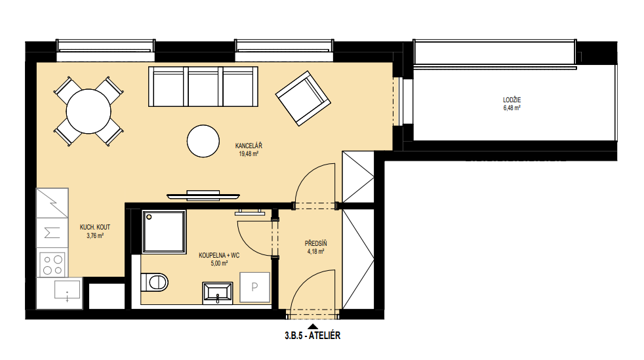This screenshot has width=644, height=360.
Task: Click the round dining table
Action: (x=89, y=111)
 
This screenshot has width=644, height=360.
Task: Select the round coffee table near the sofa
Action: (x=203, y=141)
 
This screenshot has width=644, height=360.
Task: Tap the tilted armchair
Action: (x=303, y=98)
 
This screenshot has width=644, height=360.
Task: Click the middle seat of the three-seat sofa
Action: (x=205, y=87)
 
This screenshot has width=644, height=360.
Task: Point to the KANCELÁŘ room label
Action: (x=249, y=146)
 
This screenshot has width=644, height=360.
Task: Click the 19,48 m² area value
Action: (x=249, y=154)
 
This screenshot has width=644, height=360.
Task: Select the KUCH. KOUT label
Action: (x=95, y=227)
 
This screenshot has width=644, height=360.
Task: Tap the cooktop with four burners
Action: (x=52, y=265)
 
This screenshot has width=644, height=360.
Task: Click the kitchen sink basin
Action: (x=68, y=290)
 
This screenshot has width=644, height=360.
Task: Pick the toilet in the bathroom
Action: (x=154, y=282)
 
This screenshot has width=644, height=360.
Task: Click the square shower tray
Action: (x=164, y=231)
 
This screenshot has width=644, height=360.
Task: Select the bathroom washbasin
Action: (x=218, y=293)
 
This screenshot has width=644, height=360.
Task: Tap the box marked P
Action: (x=254, y=287)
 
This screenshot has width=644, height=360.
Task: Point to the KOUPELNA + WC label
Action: (x=219, y=255)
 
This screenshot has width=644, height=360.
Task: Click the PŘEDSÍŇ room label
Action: (x=316, y=243)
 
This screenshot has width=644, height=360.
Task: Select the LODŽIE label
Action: (x=512, y=100)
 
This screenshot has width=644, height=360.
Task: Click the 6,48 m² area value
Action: (x=512, y=108)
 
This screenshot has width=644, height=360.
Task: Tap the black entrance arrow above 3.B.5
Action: (x=313, y=327)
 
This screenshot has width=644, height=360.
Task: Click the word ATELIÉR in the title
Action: (x=325, y=335)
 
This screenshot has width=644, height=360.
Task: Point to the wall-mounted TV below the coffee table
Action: (x=203, y=195)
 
